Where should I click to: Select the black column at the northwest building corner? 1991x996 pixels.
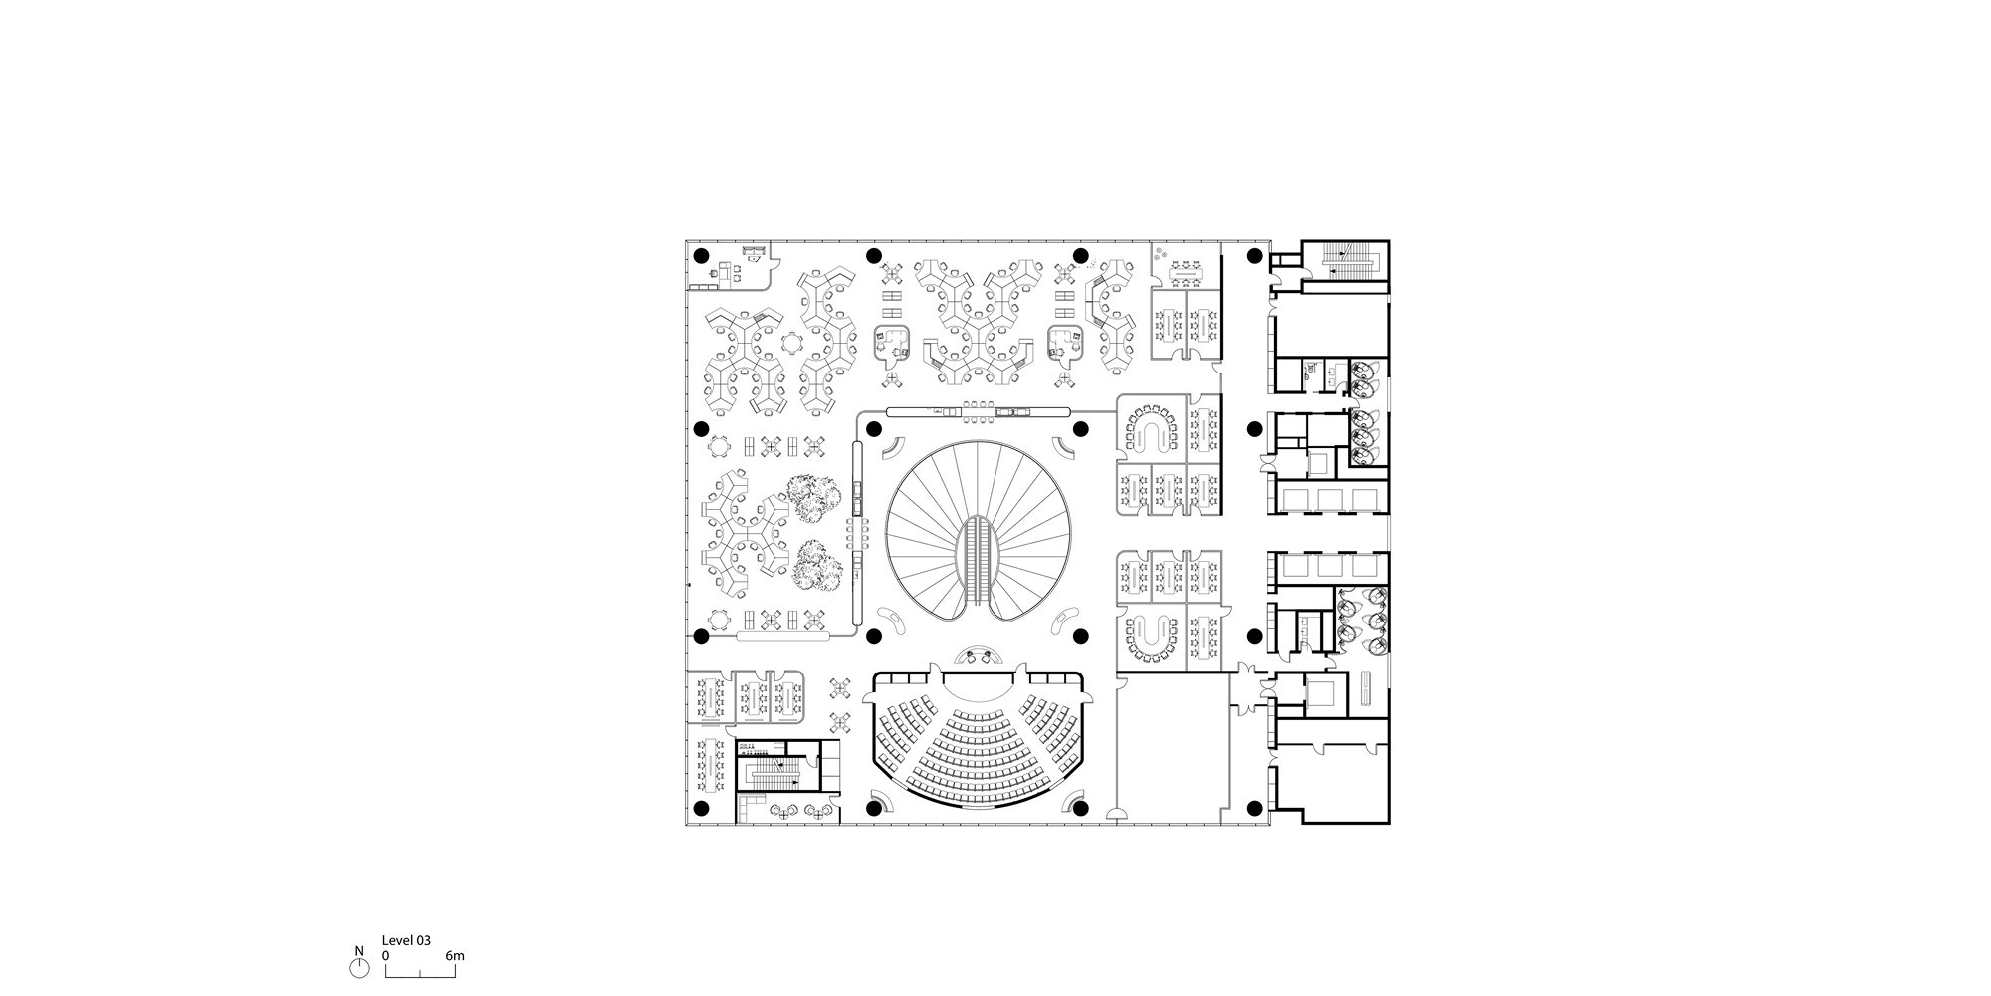(x=700, y=255)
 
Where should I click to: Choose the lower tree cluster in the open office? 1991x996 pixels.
(x=818, y=564)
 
